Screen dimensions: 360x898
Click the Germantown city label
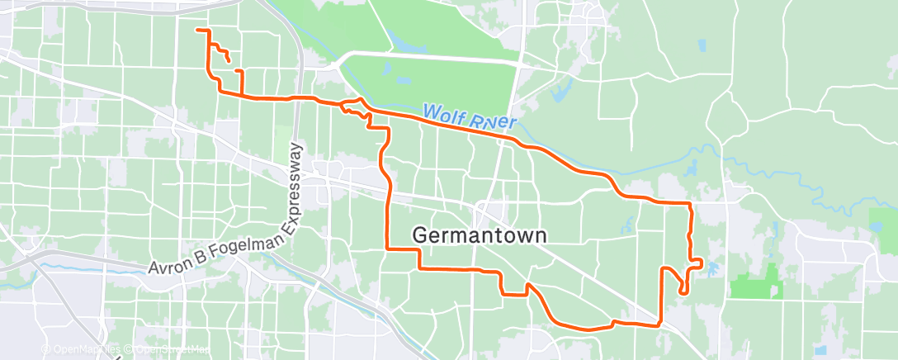click(479, 235)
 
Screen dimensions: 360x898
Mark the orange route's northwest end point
click(197, 31)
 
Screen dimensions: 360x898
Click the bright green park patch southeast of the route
click(755, 284)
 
